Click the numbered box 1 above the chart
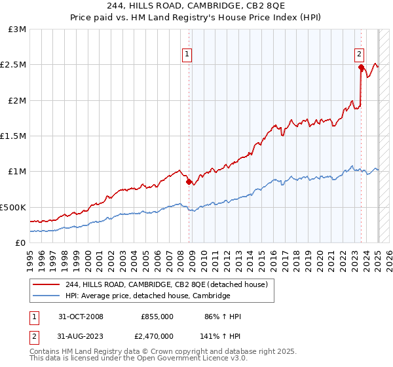tap(187, 54)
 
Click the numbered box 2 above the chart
tap(360, 54)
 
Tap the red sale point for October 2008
tap(189, 182)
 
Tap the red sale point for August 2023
tap(361, 67)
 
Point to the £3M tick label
tap(18, 29)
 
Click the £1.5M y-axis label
tap(14, 136)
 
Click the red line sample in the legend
tap(47, 285)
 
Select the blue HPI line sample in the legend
tap(47, 296)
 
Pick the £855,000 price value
tap(157, 317)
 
